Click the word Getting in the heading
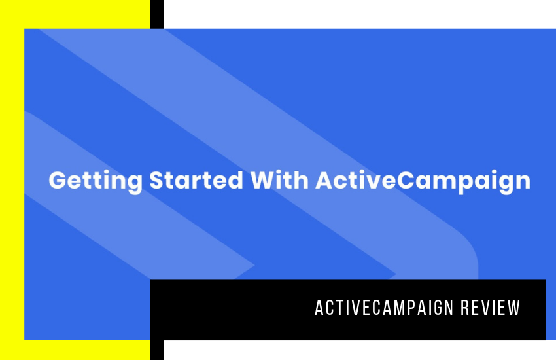pyautogui.click(x=96, y=181)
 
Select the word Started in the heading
pyautogui.click(x=196, y=180)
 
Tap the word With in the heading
pyautogui.click(x=280, y=180)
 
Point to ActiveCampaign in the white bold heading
pyautogui.click(x=423, y=181)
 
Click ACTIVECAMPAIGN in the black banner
pyautogui.click(x=384, y=308)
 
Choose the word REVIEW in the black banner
pyautogui.click(x=491, y=308)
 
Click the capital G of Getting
pyautogui.click(x=58, y=180)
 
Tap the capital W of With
pyautogui.click(x=264, y=180)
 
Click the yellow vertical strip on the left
pyautogui.click(x=12, y=180)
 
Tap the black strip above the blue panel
pyautogui.click(x=157, y=14)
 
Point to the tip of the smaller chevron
pyautogui.click(x=254, y=265)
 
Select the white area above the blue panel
pyautogui.click(x=360, y=14)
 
